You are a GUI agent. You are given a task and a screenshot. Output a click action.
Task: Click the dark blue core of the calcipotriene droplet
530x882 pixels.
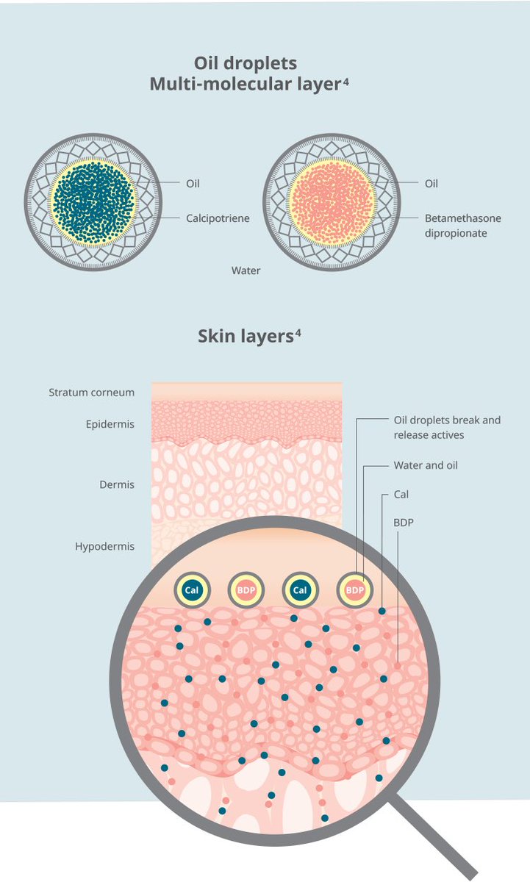coord(93,199)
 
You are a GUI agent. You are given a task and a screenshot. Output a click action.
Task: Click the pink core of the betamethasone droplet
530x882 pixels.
coord(331,199)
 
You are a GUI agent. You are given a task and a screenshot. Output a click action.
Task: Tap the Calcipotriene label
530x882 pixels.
coord(218,218)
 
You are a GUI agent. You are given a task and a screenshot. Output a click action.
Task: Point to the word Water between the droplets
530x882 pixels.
coord(246,270)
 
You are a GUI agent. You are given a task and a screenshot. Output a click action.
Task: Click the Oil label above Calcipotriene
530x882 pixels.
coord(192,184)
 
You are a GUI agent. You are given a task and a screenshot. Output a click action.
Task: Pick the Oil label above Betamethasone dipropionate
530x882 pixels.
coord(431,184)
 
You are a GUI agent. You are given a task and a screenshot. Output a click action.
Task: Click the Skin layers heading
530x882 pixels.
coord(247,336)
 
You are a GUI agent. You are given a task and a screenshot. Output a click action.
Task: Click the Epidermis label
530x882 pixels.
coord(110,424)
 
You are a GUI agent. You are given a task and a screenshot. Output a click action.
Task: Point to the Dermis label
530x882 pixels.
coord(117,485)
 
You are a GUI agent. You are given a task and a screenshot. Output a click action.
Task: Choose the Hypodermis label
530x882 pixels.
coord(104,547)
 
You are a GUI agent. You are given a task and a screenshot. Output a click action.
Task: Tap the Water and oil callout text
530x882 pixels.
coord(426,465)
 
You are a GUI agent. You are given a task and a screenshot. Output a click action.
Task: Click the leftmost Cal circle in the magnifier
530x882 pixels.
coord(190,589)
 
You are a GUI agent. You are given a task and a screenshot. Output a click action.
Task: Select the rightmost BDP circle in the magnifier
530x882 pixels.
coord(355,589)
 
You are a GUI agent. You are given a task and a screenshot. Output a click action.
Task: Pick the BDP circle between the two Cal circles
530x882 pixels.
coord(245,589)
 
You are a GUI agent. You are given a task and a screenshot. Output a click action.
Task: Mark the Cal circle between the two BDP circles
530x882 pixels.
coord(300,589)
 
